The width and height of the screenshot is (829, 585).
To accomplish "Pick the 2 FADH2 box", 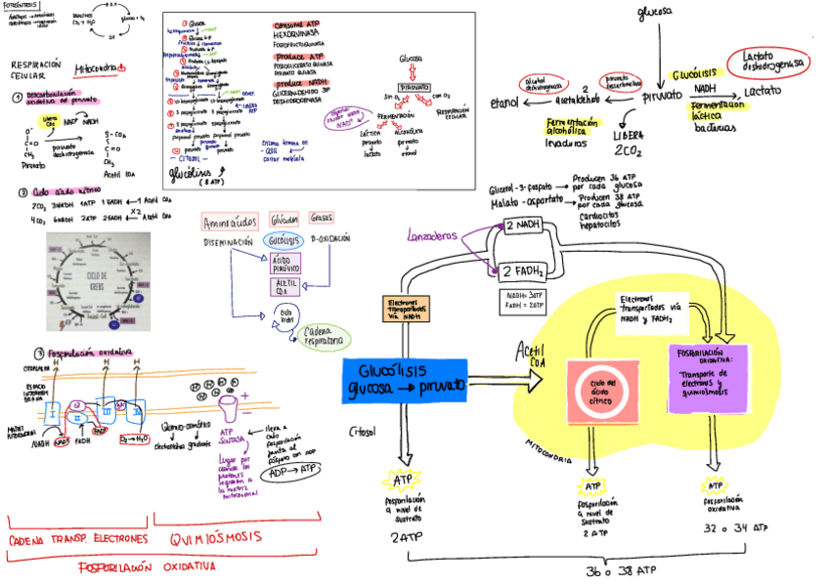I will tap(523, 271).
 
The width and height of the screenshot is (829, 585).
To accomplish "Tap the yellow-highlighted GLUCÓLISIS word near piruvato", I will tap(695, 74).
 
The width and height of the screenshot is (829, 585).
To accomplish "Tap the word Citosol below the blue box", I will tap(363, 431).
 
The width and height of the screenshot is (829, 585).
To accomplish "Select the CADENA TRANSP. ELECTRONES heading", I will tap(78, 538).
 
